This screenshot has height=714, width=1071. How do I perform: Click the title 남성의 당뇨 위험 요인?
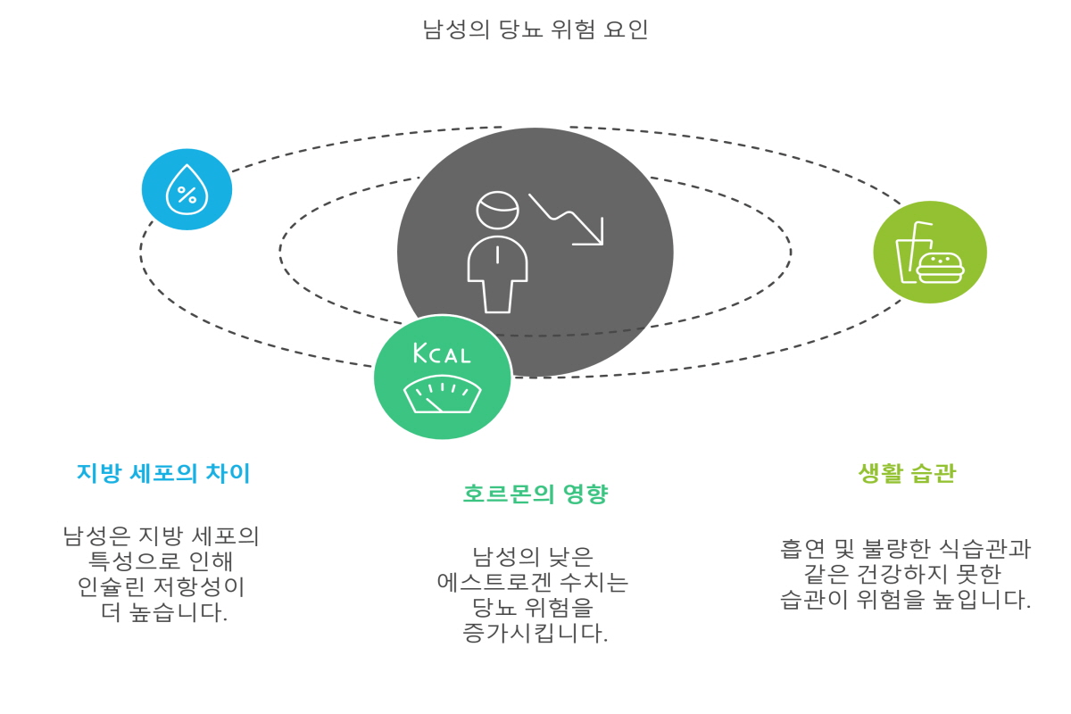[x=535, y=29]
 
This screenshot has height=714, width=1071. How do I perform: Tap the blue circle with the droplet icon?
[x=187, y=189]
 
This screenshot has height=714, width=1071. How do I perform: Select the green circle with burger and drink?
[x=929, y=252]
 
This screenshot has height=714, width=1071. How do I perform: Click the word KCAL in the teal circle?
[x=442, y=353]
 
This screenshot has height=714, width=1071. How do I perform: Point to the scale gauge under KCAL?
[x=442, y=395]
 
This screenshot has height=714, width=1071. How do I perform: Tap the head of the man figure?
[x=497, y=211]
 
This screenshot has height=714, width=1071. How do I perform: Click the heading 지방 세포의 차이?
[x=163, y=473]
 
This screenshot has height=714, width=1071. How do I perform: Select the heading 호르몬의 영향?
[x=535, y=494]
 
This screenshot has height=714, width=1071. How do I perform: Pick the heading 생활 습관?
[x=906, y=473]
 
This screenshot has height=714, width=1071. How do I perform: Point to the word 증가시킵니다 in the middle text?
[x=535, y=634]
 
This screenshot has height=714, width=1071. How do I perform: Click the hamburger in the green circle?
[x=940, y=267]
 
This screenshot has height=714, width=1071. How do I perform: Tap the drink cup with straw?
[x=912, y=255]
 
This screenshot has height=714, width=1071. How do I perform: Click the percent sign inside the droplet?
[x=187, y=195]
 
